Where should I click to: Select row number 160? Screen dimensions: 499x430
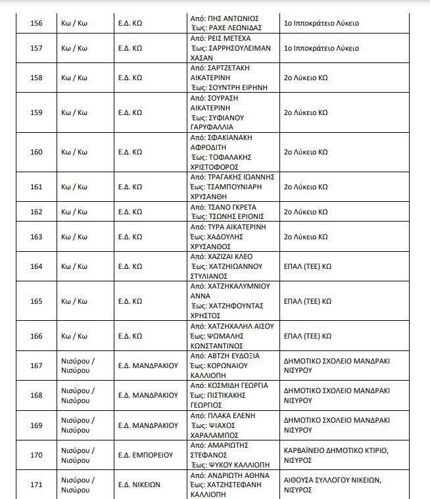[36, 152]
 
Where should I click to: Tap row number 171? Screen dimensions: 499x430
[36, 485]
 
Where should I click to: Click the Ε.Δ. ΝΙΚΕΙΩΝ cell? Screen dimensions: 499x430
[136, 485]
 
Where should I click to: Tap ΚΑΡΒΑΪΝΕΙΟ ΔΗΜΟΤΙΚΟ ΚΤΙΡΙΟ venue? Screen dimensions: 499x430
[335, 450]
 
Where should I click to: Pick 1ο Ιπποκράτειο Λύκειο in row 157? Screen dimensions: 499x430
[321, 48]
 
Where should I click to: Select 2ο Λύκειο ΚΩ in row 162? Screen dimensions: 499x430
[305, 212]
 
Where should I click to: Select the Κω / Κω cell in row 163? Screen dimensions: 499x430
[74, 237]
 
